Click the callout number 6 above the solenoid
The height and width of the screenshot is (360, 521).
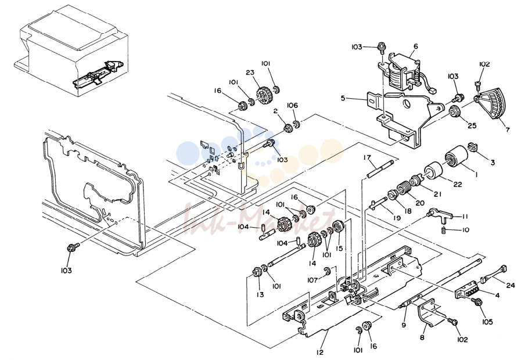tap(416, 46)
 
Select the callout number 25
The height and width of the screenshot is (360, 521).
tap(472, 125)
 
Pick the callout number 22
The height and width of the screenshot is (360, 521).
tap(458, 183)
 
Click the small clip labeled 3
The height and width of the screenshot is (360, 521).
tap(472, 146)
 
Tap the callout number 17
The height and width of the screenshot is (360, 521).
tap(367, 157)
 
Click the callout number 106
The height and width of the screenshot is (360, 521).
tap(292, 105)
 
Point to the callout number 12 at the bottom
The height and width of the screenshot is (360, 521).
tap(319, 352)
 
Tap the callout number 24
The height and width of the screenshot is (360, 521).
tap(511, 285)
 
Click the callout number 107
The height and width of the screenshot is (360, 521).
tap(312, 280)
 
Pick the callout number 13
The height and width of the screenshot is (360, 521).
tap(260, 294)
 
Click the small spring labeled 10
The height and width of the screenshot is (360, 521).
tap(444, 230)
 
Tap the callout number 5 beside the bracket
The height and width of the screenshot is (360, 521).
tap(343, 98)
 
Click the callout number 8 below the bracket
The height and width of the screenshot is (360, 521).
tap(422, 337)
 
